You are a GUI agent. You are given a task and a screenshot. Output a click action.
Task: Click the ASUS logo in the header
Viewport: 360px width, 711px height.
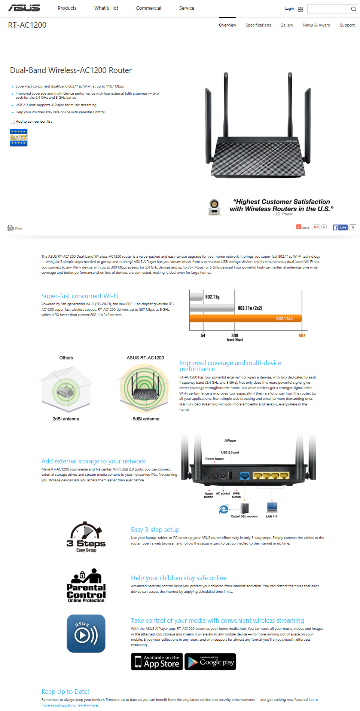pos(24,8)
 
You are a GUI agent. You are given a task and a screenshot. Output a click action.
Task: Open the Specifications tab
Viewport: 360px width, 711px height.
pos(258,25)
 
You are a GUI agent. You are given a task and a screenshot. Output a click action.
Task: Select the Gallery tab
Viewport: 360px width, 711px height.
pos(287,25)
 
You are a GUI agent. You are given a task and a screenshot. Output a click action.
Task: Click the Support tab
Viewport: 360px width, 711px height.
pos(347,25)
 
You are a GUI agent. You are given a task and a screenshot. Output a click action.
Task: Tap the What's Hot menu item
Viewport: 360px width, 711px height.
pos(106,8)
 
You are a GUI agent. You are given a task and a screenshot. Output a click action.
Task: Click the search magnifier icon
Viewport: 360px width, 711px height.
pos(353,9)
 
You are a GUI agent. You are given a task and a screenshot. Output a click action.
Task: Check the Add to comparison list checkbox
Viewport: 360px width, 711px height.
pos(13,122)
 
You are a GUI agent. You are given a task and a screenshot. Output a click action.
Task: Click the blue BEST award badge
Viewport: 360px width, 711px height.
pos(19,138)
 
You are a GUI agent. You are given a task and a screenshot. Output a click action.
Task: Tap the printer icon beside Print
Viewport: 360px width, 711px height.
pos(10,228)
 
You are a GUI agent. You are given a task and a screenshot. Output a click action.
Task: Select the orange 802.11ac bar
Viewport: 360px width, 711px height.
pos(245,318)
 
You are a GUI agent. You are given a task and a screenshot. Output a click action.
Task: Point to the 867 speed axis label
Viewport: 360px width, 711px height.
pos(302,335)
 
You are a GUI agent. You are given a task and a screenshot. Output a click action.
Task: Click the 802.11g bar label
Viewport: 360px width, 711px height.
pos(212,297)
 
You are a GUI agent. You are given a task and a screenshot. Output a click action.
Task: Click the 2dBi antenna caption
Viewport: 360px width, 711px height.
pos(66,419)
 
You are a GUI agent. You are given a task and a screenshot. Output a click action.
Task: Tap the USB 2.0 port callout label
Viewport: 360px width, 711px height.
pos(230,452)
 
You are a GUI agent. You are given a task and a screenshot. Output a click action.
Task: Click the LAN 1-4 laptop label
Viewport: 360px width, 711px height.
pos(272,516)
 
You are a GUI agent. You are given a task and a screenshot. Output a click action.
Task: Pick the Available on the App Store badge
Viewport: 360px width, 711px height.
pos(157,662)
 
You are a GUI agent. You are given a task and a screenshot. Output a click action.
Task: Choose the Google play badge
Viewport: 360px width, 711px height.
pos(210,662)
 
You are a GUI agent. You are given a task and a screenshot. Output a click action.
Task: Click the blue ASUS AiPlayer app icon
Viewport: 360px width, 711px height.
pos(86,634)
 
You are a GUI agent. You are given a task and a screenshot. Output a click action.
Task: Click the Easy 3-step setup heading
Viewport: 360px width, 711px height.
pos(155,530)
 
